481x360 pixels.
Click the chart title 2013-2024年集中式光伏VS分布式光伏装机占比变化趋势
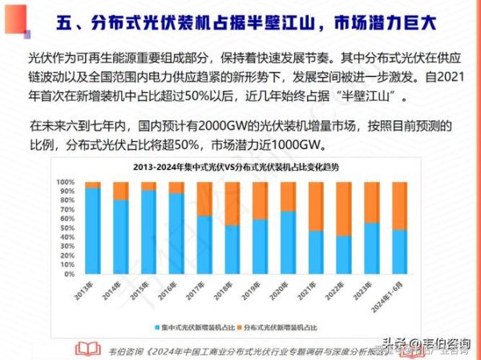click(x=243, y=167)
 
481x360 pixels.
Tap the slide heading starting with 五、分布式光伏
click(x=248, y=22)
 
